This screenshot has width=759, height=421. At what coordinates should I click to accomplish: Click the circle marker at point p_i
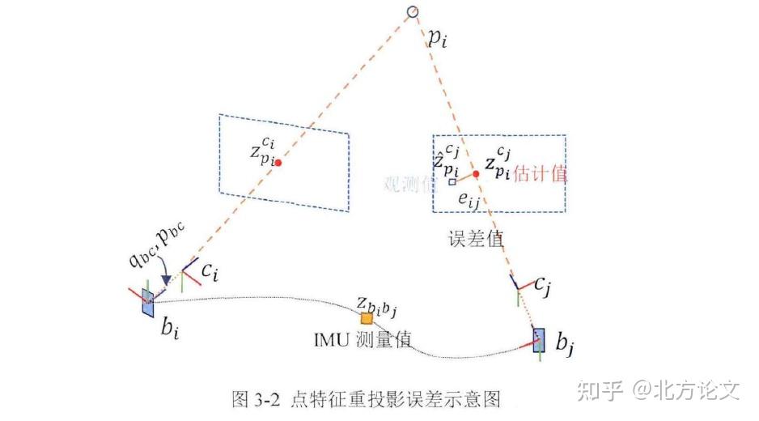(412, 11)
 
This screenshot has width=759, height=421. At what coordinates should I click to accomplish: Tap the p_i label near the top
(438, 38)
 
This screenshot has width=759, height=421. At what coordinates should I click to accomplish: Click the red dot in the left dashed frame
(278, 163)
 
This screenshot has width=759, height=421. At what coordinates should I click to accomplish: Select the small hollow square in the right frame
(452, 182)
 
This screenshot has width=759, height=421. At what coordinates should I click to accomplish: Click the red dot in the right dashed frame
(476, 174)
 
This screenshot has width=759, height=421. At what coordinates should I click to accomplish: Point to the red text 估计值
(541, 172)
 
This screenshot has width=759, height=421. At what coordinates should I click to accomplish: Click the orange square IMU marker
(367, 318)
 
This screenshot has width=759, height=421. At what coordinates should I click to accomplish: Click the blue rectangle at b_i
(147, 302)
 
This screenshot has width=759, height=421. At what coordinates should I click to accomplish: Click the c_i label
(210, 273)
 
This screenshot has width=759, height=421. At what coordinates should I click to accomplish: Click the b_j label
(565, 343)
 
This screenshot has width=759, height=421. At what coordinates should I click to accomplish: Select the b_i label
(168, 329)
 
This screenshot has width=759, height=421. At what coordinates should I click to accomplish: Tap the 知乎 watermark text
(600, 392)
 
